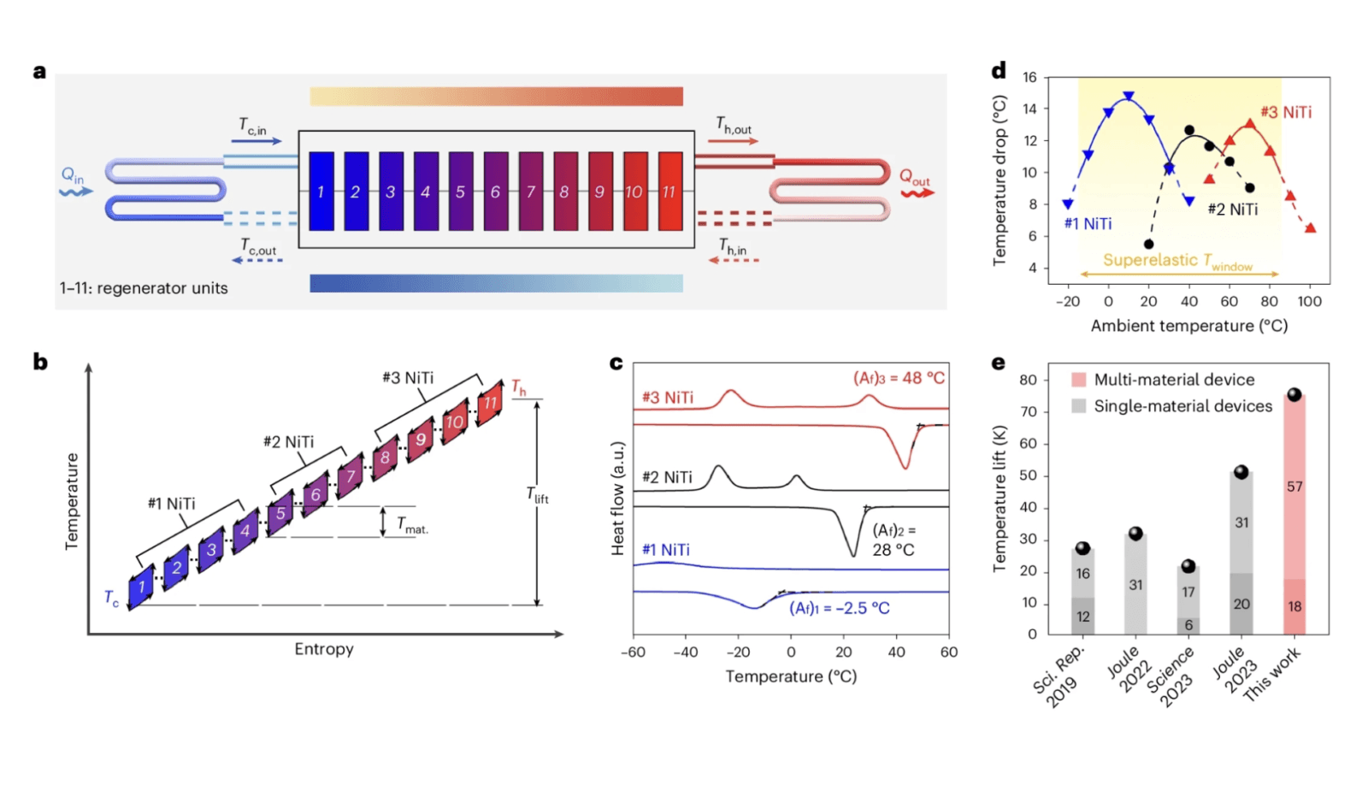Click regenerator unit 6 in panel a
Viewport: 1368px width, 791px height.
coord(495,192)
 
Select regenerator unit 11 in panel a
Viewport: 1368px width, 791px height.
coord(670,192)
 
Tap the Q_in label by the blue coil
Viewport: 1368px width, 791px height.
coord(73,176)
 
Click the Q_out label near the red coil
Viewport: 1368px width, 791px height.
coord(914,177)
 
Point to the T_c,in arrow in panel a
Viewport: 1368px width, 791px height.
coord(256,140)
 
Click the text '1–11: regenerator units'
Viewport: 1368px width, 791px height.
coord(144,288)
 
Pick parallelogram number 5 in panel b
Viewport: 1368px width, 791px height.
coord(280,513)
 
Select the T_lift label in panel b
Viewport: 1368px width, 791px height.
coord(537,495)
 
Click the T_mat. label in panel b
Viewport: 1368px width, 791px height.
coord(411,525)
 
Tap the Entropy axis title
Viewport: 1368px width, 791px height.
coord(324,649)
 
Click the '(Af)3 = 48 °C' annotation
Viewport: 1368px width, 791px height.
coord(899,378)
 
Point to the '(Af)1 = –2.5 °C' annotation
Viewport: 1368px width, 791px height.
coord(839,608)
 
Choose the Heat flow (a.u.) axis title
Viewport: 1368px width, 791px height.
coord(617,498)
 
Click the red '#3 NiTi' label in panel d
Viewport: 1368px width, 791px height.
coord(1286,112)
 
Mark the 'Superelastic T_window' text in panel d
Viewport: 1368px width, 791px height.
coord(1177,260)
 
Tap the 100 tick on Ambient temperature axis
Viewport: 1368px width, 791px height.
coord(1309,301)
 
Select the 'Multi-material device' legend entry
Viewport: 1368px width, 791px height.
coord(1173,380)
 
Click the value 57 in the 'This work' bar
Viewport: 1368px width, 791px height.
coord(1294,487)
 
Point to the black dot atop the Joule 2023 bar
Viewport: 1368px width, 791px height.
coord(1241,472)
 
